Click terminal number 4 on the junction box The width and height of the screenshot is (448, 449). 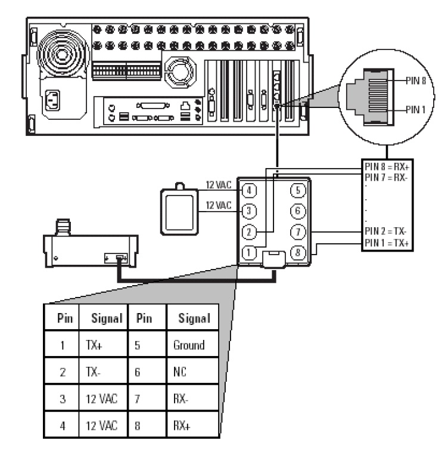[x=250, y=190]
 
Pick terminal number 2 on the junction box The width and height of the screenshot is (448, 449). [x=250, y=232]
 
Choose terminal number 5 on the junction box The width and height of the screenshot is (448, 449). [x=297, y=190]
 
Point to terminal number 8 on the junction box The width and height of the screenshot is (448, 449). [x=297, y=253]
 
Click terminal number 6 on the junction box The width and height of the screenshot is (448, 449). [x=297, y=211]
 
